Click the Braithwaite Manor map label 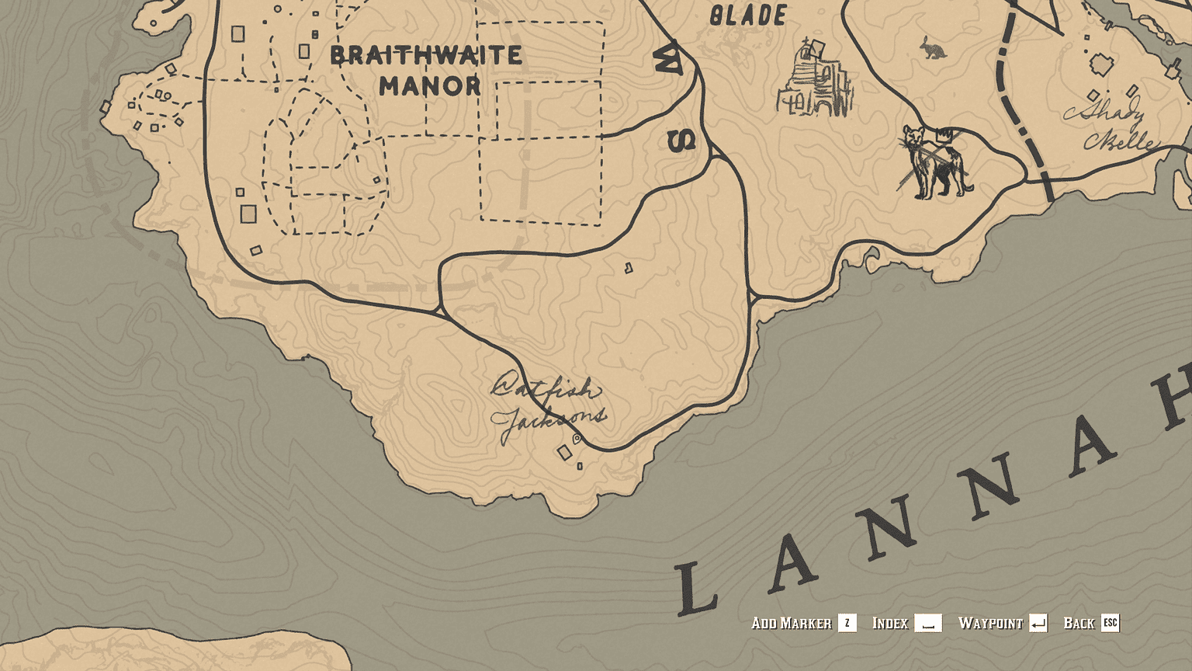point(426,70)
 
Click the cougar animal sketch point(933,162)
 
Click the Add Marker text point(791,623)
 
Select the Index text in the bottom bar point(889,623)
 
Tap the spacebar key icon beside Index point(928,623)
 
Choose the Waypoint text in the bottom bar point(990,623)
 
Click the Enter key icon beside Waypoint point(1038,623)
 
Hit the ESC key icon point(1111,623)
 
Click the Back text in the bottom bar point(1079,623)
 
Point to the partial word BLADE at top point(748,16)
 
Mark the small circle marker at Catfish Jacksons point(577,439)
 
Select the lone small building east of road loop point(629,269)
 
